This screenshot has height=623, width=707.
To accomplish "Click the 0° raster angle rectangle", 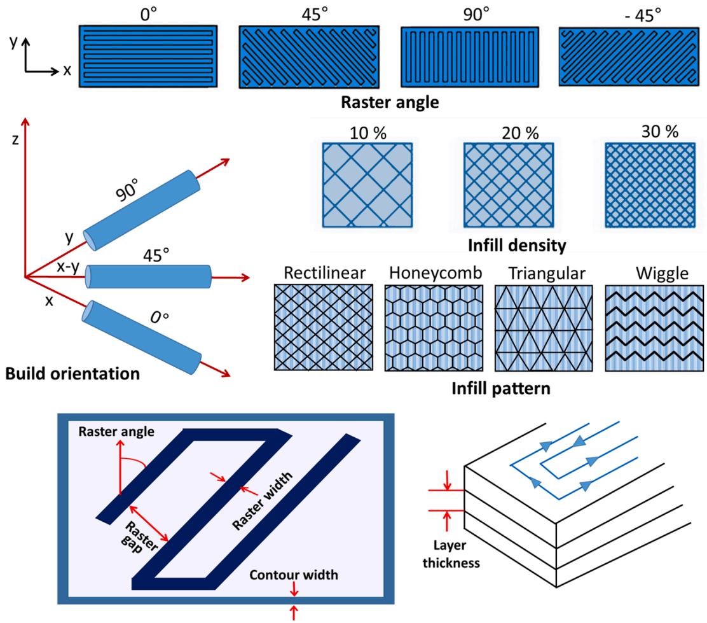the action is [x=148, y=56].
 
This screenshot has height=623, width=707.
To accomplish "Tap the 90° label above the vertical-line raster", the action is [x=476, y=15].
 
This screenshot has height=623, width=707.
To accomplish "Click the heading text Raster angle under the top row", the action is [x=390, y=102].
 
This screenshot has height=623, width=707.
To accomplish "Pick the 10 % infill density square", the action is [x=367, y=185].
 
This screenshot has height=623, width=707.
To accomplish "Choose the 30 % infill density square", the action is [x=650, y=185].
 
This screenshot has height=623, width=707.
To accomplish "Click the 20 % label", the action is [x=520, y=133].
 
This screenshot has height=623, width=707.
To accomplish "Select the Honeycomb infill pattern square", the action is [x=434, y=328].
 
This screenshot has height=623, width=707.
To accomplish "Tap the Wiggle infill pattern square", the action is [x=654, y=328].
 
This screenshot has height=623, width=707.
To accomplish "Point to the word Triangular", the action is [x=547, y=273].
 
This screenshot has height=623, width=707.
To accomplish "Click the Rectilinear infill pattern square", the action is [x=324, y=327].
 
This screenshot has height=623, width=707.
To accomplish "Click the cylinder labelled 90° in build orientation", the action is [x=142, y=210].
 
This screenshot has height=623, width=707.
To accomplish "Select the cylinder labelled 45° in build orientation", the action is [x=148, y=276].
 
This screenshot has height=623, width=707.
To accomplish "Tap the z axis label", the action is [x=15, y=139].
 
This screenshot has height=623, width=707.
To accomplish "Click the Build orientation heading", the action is [x=72, y=374].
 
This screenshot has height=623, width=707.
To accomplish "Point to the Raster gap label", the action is [x=139, y=537].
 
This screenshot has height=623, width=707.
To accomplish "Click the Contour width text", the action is [x=294, y=575].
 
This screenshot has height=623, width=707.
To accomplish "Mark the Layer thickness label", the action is [x=451, y=554].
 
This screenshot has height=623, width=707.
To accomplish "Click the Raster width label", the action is [x=263, y=501].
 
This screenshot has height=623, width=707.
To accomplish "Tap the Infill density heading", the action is [x=517, y=245].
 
